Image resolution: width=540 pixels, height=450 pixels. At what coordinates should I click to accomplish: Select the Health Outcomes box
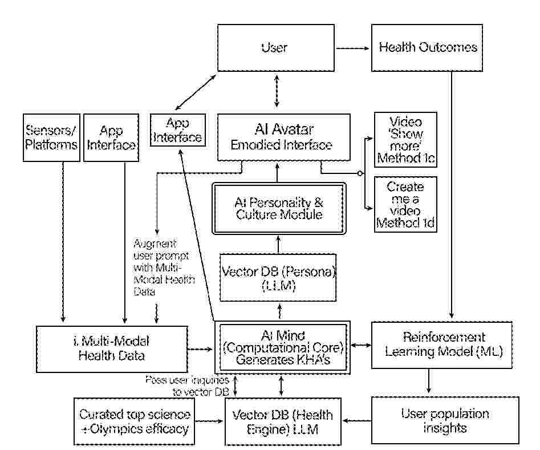[428, 47]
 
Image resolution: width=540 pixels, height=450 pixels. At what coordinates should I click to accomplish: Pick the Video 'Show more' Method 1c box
[405, 139]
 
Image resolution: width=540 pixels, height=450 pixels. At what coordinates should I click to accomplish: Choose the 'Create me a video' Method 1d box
[405, 204]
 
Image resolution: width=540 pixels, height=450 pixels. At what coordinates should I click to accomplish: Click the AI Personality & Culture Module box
[279, 208]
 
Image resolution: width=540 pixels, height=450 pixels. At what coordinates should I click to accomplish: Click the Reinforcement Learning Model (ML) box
[443, 344]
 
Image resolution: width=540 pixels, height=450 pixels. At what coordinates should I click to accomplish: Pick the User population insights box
[445, 421]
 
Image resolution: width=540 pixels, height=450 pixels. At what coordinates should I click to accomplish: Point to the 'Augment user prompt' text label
[163, 266]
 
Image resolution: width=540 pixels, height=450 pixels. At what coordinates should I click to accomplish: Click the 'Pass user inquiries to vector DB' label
[187, 385]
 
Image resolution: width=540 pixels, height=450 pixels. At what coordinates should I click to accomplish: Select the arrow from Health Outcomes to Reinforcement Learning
[452, 194]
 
